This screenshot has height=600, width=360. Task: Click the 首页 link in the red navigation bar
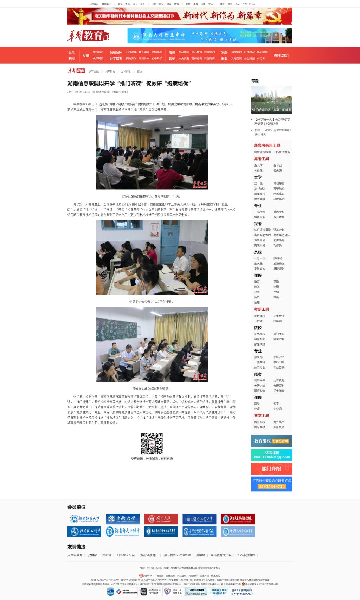click(x=71, y=52)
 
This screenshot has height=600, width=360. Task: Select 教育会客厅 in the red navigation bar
click(x=281, y=55)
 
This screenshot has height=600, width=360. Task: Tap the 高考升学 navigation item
click(x=131, y=58)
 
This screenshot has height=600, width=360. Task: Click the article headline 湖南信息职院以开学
click(x=129, y=83)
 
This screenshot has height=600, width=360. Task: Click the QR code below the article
click(x=152, y=444)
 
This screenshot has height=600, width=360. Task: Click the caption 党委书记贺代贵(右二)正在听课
click(x=152, y=302)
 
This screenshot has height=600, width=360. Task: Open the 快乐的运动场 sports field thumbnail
click(x=272, y=99)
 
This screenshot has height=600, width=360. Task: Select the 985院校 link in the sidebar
click(x=278, y=183)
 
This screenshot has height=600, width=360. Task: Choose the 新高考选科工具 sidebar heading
click(x=267, y=146)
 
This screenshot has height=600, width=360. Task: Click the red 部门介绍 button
click(x=271, y=469)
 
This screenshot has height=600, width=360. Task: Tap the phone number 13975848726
click(x=271, y=486)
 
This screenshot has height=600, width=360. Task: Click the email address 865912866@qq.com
click(x=272, y=457)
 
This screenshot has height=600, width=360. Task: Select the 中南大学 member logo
click(x=123, y=518)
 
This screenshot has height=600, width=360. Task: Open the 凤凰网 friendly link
click(x=200, y=555)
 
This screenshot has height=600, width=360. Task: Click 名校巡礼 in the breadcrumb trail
click(x=126, y=71)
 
